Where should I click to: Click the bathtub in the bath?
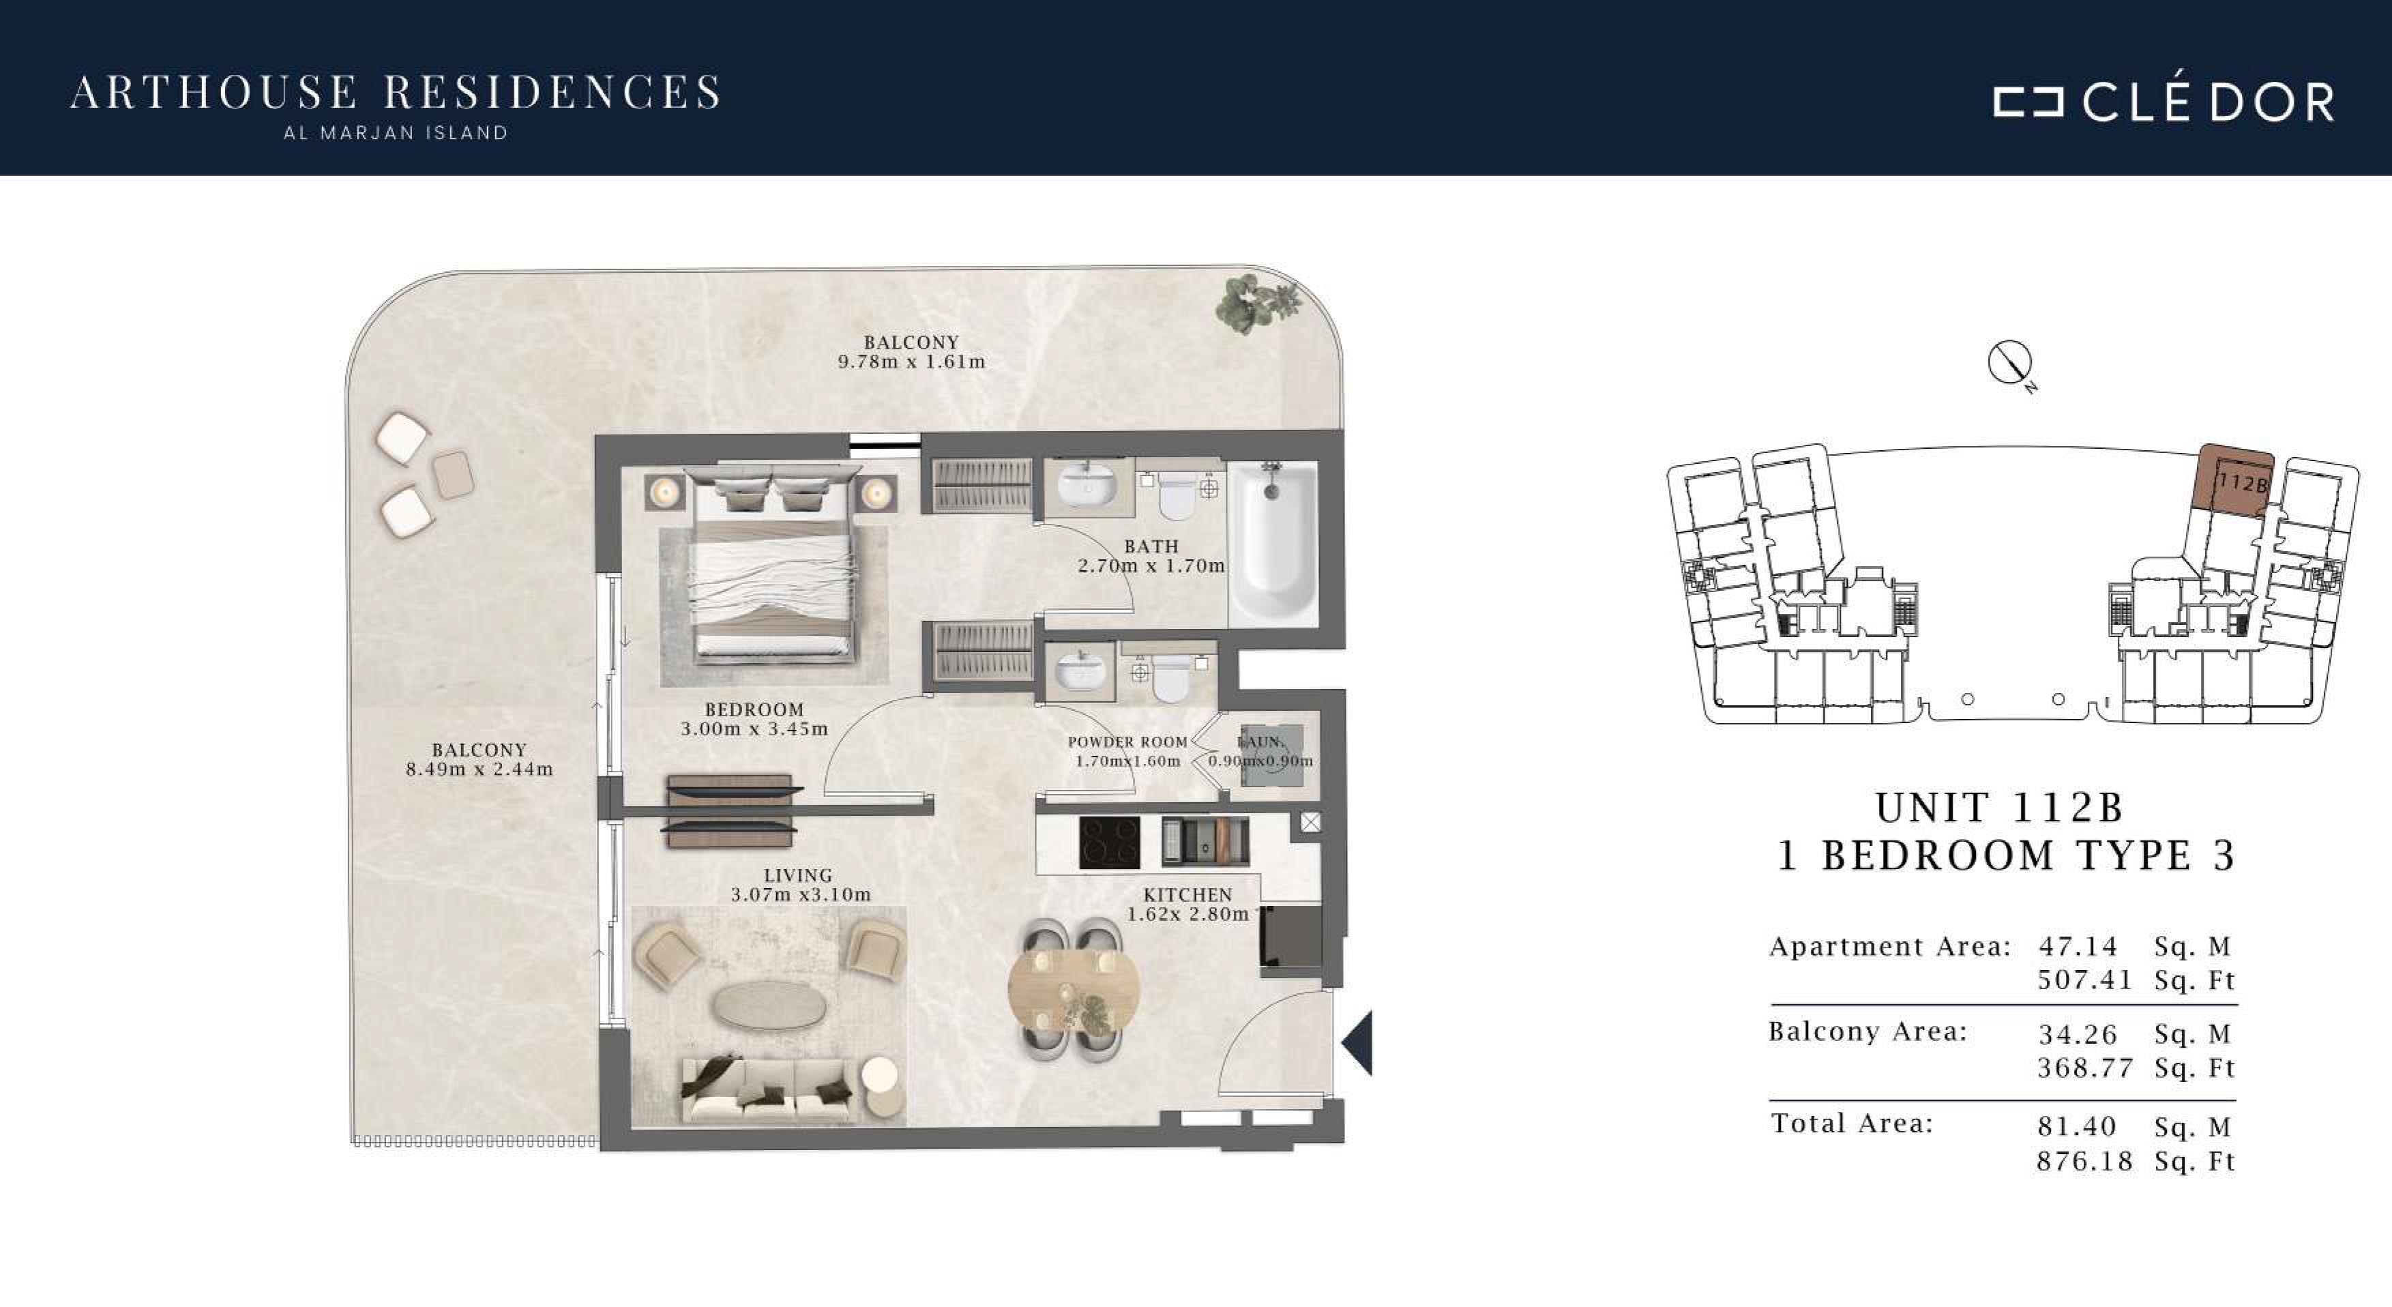coord(1273,544)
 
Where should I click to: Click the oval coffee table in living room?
coord(769,1005)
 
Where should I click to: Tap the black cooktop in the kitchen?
coord(1110,842)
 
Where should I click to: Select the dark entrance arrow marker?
coord(1357,1043)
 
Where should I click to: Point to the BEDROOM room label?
coord(754,709)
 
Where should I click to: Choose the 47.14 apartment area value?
coord(2078,947)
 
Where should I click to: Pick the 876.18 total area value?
coord(2084,1161)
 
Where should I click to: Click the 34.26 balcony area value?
coord(2078,1034)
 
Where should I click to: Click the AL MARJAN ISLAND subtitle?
coord(396,133)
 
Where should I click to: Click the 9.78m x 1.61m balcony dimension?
coord(912,362)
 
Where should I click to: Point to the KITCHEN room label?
coord(1187,894)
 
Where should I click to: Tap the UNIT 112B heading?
coord(2000,808)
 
